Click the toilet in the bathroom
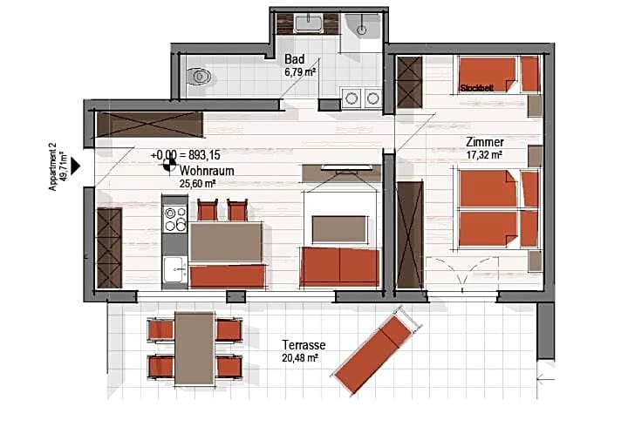[x=201, y=77]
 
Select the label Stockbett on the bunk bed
[x=478, y=88]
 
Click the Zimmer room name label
[x=485, y=142]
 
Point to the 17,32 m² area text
[x=484, y=154]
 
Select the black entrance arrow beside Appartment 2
[x=77, y=163]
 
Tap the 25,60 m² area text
[x=197, y=184]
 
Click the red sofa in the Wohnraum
[x=340, y=266]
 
